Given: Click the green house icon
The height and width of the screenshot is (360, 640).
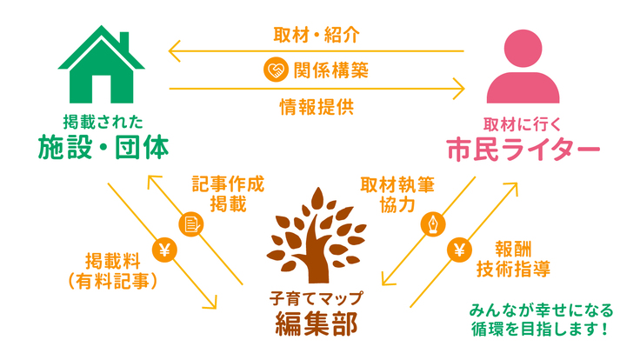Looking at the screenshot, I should pyautogui.click(x=103, y=63).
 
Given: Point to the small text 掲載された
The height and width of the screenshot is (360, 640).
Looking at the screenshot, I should pyautogui.click(x=103, y=120).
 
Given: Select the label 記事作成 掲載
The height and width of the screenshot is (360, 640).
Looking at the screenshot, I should pyautogui.click(x=228, y=195).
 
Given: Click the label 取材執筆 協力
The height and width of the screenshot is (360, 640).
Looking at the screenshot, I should pyautogui.click(x=397, y=195).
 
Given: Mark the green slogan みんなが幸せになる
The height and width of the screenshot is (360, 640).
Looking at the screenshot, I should pyautogui.click(x=540, y=310).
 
